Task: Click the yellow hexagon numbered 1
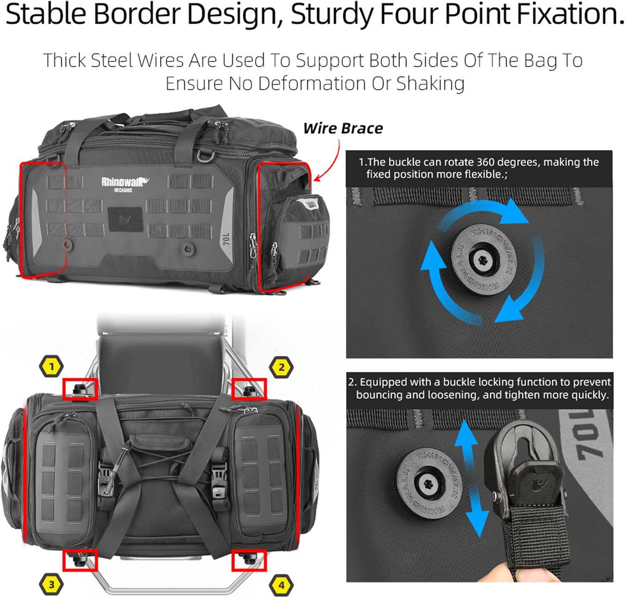pos(51,367)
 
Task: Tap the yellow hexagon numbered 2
pos(281,368)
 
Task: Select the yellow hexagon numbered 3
pos(51,584)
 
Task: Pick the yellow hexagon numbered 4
pos(281,585)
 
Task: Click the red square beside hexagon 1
pos(80,389)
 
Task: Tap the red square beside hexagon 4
pos(249,560)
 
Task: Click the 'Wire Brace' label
pos(343,128)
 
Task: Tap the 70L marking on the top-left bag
pos(226,239)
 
